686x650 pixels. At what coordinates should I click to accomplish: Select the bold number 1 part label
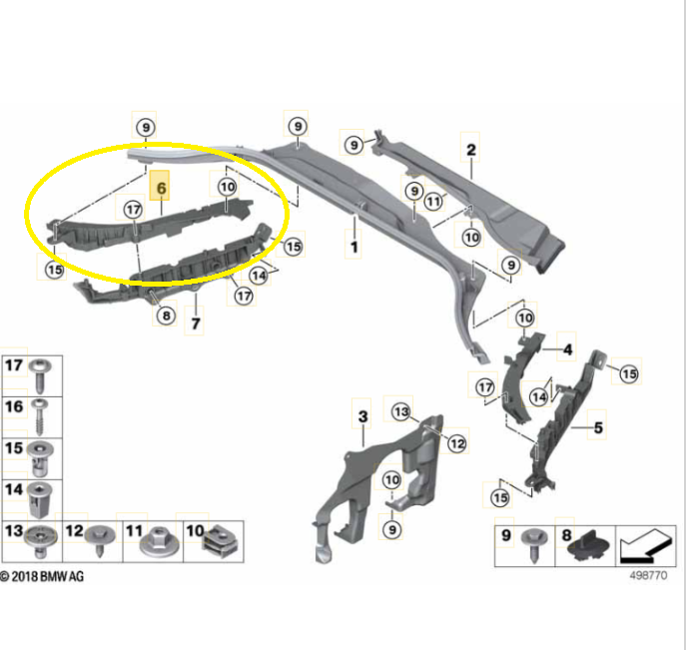point(353,247)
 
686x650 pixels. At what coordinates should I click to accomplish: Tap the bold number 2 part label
point(470,150)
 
